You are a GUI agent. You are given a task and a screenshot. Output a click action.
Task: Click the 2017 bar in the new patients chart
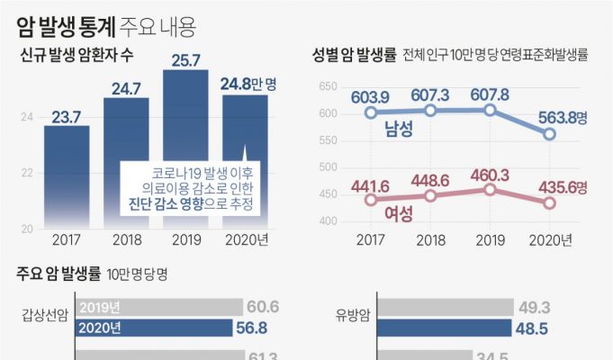point(67,175)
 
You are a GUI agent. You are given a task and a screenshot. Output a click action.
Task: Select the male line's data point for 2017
point(370,113)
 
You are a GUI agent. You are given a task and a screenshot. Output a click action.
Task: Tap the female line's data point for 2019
point(490,190)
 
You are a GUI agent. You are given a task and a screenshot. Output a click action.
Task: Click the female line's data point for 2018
point(430,195)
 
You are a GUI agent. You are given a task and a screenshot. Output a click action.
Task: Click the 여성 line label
point(397,214)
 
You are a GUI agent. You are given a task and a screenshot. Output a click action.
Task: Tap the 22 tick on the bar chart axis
point(27,173)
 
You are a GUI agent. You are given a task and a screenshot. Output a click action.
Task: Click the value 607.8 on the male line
point(490,94)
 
